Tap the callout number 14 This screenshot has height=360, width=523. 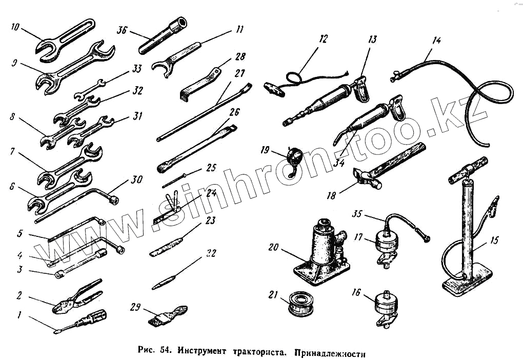coord(436,39)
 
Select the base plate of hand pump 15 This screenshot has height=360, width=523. coord(467,285)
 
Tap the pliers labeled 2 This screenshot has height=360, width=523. coord(77,297)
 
